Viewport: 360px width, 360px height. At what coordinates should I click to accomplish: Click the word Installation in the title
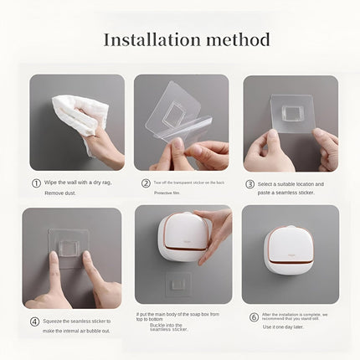[x=149, y=39]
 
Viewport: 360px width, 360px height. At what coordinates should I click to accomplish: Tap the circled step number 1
[x=36, y=183]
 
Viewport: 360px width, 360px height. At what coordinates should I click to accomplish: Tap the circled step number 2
[x=146, y=183]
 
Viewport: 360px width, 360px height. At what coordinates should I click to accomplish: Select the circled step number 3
[x=249, y=183]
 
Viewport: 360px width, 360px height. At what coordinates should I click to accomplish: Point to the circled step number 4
[x=34, y=320]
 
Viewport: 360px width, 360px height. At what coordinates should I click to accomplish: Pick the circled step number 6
[x=254, y=316]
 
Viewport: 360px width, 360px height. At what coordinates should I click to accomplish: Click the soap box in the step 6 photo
[x=289, y=250]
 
